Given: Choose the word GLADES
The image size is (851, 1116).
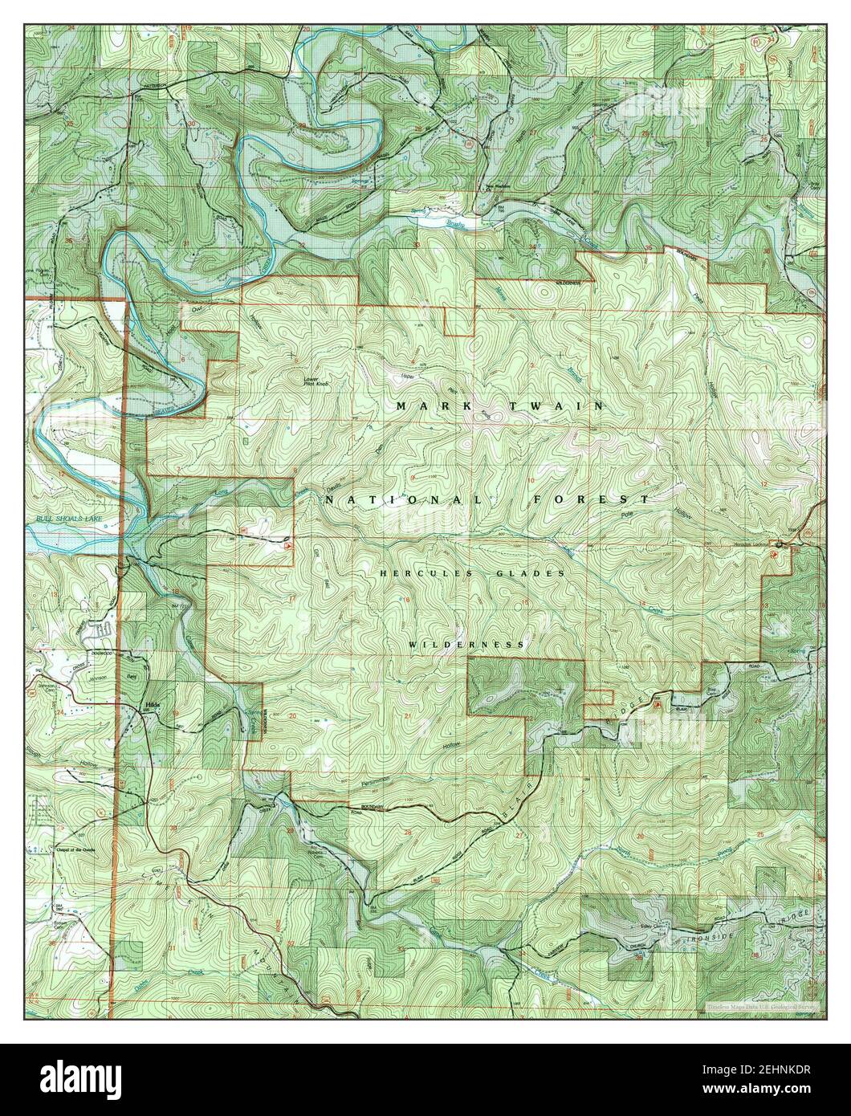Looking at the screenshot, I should point(533,573).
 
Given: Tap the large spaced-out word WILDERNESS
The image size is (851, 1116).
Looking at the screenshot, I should point(466,645).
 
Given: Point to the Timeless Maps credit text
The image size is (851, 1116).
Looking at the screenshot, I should point(762,1005).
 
